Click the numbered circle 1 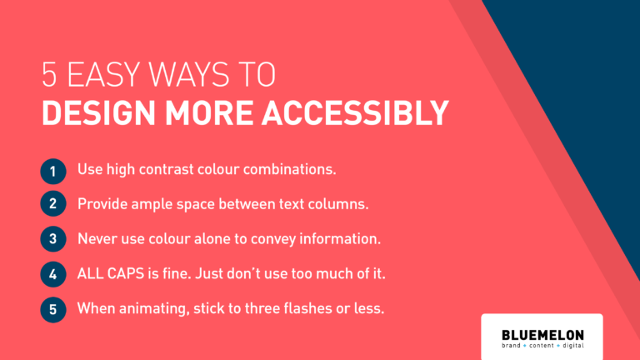tap(53, 172)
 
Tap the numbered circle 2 tap(53, 203)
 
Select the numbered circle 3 tap(53, 239)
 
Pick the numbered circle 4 tap(53, 274)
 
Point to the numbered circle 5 tap(53, 309)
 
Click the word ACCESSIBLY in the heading tap(355, 112)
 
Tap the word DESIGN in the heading tap(99, 112)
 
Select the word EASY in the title tap(103, 74)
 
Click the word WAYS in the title tap(189, 74)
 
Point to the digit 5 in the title tap(49, 74)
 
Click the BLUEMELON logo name tap(542, 335)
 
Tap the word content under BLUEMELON tap(542, 346)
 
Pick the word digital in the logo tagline tap(573, 346)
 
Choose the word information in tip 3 tap(340, 239)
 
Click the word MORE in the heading tap(209, 112)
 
